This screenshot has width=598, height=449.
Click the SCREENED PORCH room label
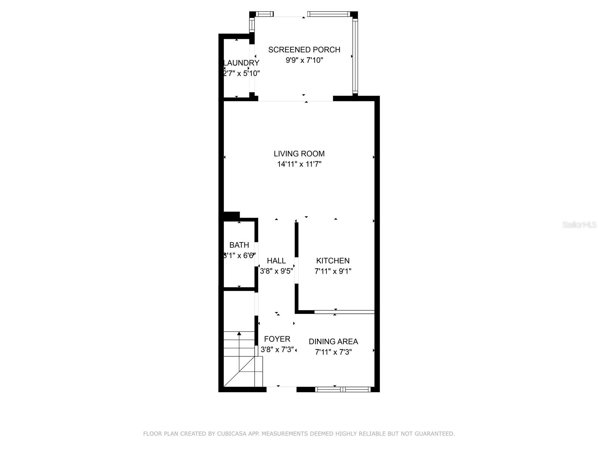pyautogui.click(x=304, y=50)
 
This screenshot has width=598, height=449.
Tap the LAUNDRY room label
pyautogui.click(x=241, y=63)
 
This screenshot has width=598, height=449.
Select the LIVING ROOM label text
pyautogui.click(x=299, y=154)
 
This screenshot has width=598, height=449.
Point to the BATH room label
pyautogui.click(x=239, y=245)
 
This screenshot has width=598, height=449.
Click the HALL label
pyautogui.click(x=276, y=261)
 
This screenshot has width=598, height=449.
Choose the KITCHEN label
pyautogui.click(x=333, y=261)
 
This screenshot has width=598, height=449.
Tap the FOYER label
pyautogui.click(x=277, y=339)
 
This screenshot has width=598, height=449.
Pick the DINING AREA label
pyautogui.click(x=333, y=342)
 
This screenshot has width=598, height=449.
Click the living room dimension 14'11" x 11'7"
pyautogui.click(x=299, y=164)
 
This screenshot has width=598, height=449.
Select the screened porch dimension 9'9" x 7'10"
pyautogui.click(x=304, y=60)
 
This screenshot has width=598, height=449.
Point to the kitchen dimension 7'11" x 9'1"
pyautogui.click(x=333, y=271)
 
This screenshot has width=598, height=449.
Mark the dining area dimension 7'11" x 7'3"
pyautogui.click(x=333, y=352)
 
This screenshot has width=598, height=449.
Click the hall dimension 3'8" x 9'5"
pyautogui.click(x=276, y=271)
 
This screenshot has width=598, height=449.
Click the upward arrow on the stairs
pyautogui.click(x=239, y=334)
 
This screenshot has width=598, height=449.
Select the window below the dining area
pyautogui.click(x=343, y=390)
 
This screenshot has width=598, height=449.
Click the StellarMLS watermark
pyautogui.click(x=580, y=225)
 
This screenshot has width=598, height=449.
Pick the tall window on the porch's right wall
pyautogui.click(x=355, y=56)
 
